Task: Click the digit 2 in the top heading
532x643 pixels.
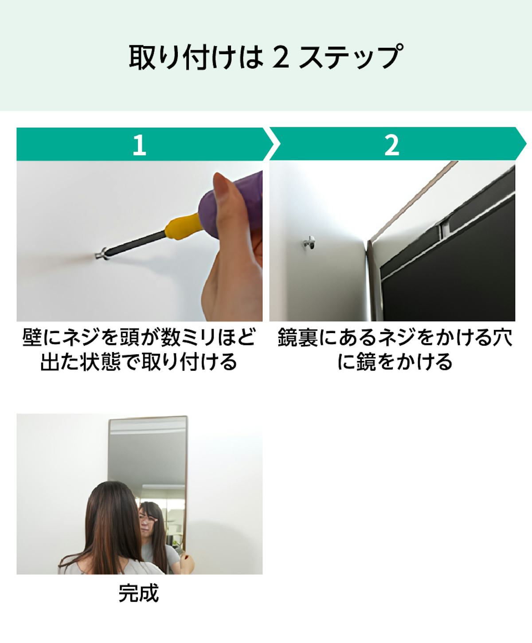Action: [281, 57]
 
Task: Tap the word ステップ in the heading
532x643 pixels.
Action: [351, 57]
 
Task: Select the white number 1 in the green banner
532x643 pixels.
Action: [139, 145]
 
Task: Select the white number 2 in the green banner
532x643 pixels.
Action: [391, 145]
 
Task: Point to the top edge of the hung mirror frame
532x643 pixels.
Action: [148, 418]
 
